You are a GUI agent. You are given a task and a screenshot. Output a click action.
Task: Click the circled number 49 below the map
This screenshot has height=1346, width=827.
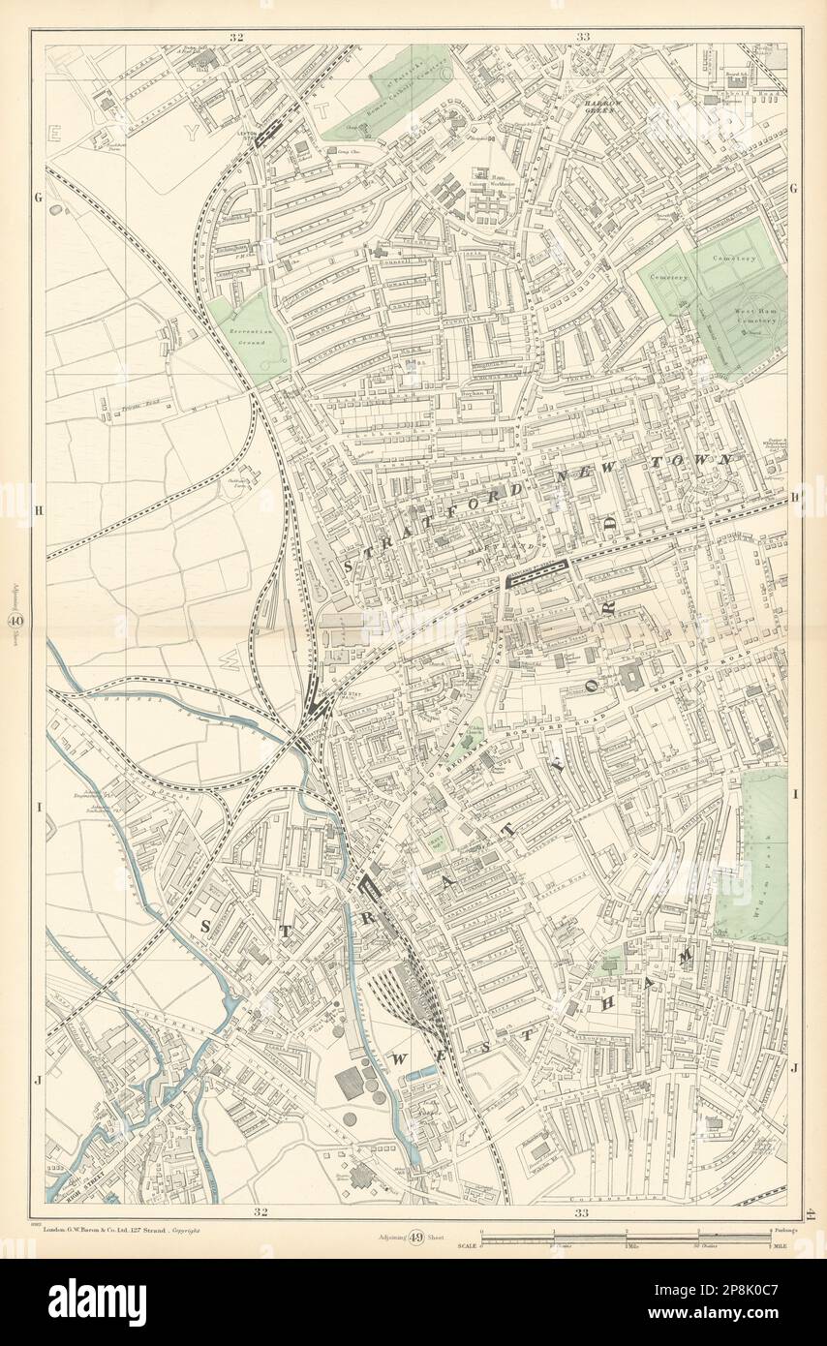click(414, 1237)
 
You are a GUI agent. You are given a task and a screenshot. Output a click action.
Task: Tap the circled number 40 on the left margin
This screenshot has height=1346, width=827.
click(16, 623)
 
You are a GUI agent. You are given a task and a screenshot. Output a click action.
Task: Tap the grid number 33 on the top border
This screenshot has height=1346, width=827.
click(582, 37)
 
